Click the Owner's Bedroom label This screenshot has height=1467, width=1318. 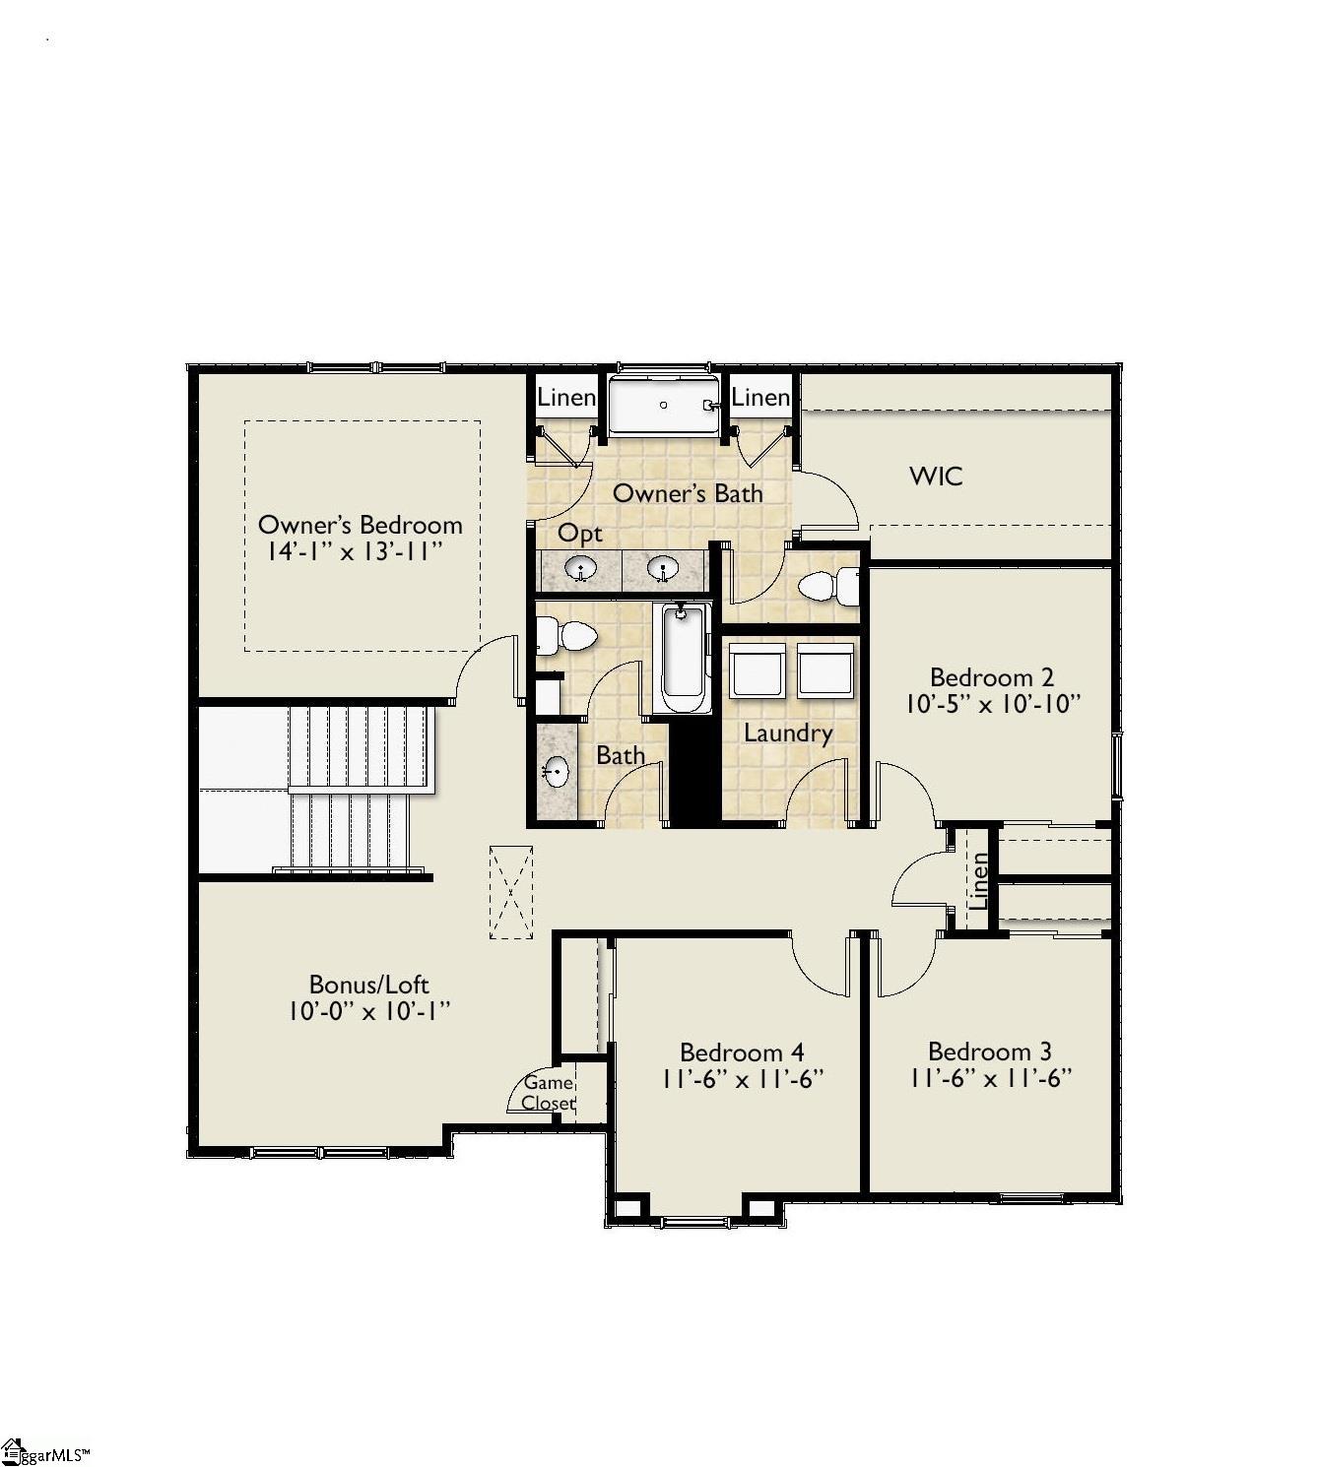click(360, 524)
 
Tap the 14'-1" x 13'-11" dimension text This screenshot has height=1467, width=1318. click(351, 551)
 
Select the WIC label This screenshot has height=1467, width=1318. click(936, 477)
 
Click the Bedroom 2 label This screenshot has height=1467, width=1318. click(991, 677)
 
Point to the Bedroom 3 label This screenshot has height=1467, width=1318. click(989, 1052)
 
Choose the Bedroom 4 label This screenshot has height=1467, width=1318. click(742, 1052)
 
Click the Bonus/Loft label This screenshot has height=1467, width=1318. click(368, 985)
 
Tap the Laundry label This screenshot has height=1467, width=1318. click(787, 733)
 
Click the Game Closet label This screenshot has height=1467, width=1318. click(548, 1093)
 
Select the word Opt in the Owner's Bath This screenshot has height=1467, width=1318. click(579, 534)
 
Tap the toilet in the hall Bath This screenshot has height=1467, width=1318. click(566, 636)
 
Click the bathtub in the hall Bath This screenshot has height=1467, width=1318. click(682, 658)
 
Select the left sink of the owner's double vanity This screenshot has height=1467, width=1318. click(580, 569)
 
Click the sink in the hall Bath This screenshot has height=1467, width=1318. click(558, 771)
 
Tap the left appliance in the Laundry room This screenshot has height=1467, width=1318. click(757, 670)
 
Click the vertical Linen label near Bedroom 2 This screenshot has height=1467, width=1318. click(979, 880)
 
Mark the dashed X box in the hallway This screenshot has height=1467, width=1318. click(510, 892)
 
